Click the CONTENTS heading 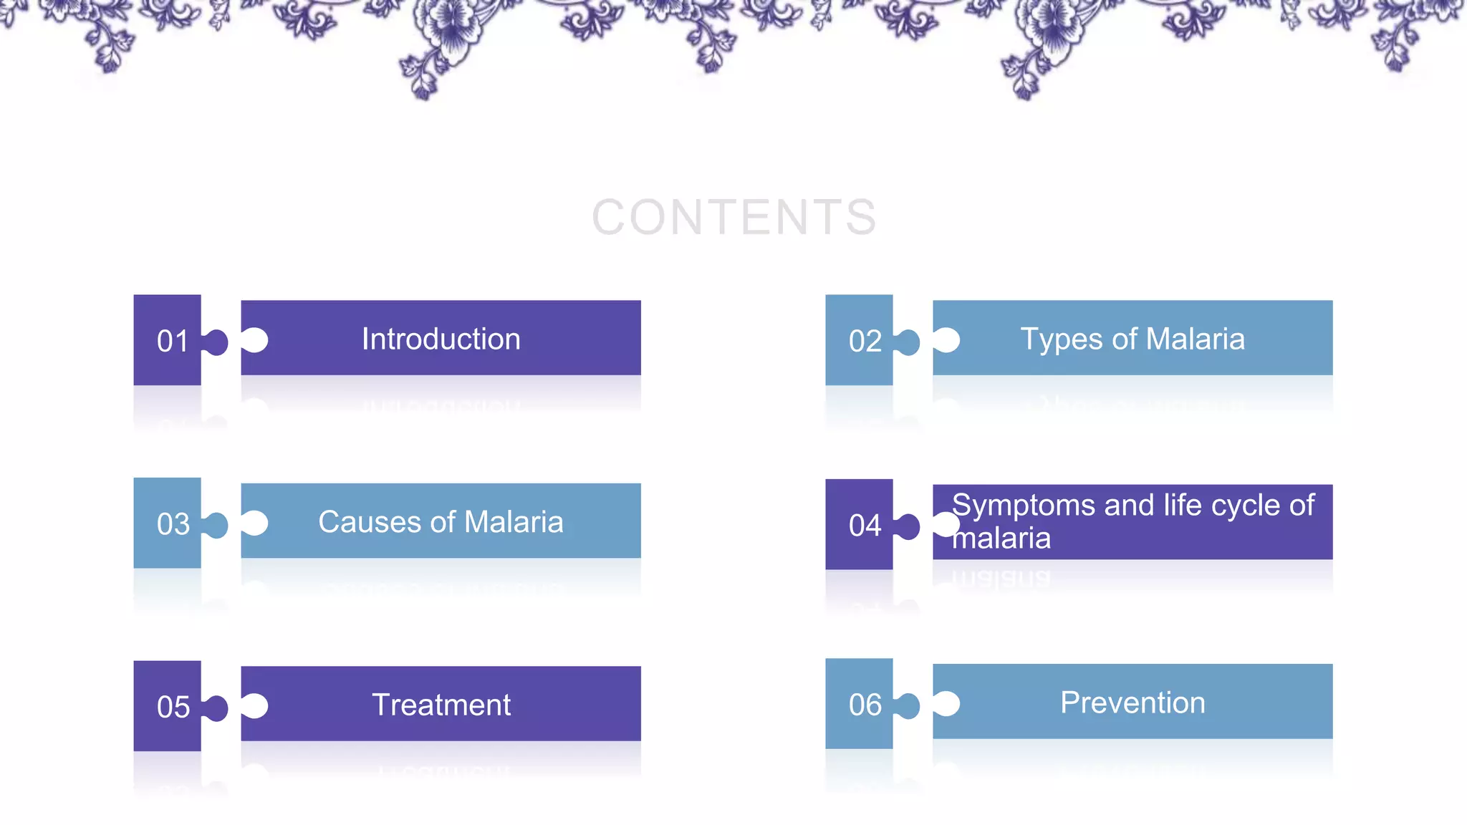coord(733,217)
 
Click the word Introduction coord(441,339)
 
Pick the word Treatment coord(441,705)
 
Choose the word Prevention coord(1132,703)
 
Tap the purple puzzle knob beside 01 coord(216,342)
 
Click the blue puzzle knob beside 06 coord(908,705)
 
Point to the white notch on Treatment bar coord(255,705)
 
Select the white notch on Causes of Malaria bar coord(255,523)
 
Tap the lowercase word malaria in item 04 coord(1001,539)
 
